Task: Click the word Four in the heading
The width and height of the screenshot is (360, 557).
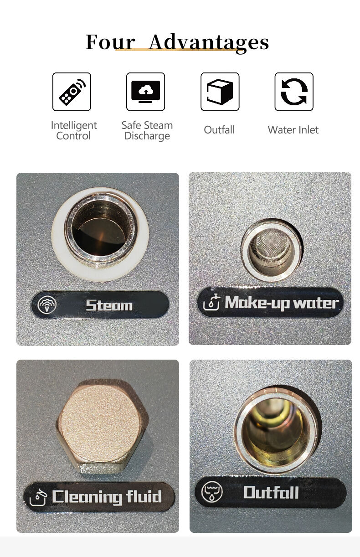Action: click(110, 42)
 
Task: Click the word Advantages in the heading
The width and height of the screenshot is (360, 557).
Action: click(209, 43)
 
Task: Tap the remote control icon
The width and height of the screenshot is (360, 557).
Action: click(72, 92)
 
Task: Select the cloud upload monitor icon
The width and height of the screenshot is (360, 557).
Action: click(146, 92)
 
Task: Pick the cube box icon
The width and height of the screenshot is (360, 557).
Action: click(220, 92)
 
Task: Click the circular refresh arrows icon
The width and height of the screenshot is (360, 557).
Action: click(294, 92)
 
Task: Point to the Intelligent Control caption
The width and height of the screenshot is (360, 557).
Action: click(73, 130)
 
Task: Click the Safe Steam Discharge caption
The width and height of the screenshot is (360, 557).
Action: click(147, 130)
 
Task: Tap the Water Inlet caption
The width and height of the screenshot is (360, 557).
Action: click(293, 130)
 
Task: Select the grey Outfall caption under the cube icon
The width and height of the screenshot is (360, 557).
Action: click(219, 130)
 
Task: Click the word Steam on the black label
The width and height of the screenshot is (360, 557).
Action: click(109, 305)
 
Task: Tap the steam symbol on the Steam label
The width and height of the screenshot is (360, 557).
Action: click(47, 304)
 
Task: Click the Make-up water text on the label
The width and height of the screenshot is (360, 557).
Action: click(282, 303)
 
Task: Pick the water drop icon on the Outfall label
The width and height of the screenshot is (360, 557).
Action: click(212, 492)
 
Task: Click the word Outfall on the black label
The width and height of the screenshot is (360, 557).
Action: click(271, 492)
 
